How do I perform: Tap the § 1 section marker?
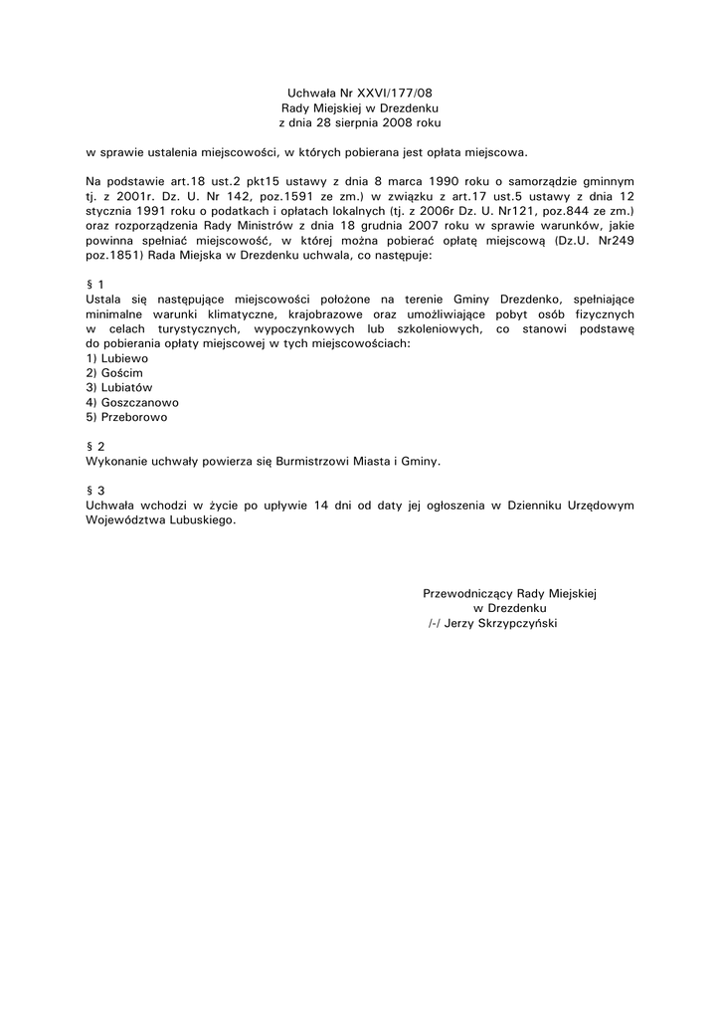click(95, 284)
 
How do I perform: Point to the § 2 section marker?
click(95, 447)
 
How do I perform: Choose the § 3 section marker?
click(95, 491)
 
